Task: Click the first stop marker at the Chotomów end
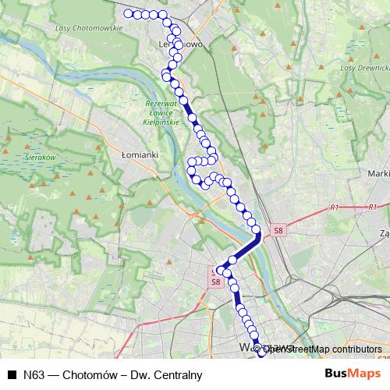[128, 13]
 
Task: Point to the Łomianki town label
[140, 154]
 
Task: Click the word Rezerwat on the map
[162, 104]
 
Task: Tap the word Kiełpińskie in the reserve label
[162, 122]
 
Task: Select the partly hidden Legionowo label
[187, 44]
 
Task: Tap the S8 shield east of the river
[279, 230]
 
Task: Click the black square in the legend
[12, 375]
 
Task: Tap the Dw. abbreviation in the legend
[141, 375]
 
